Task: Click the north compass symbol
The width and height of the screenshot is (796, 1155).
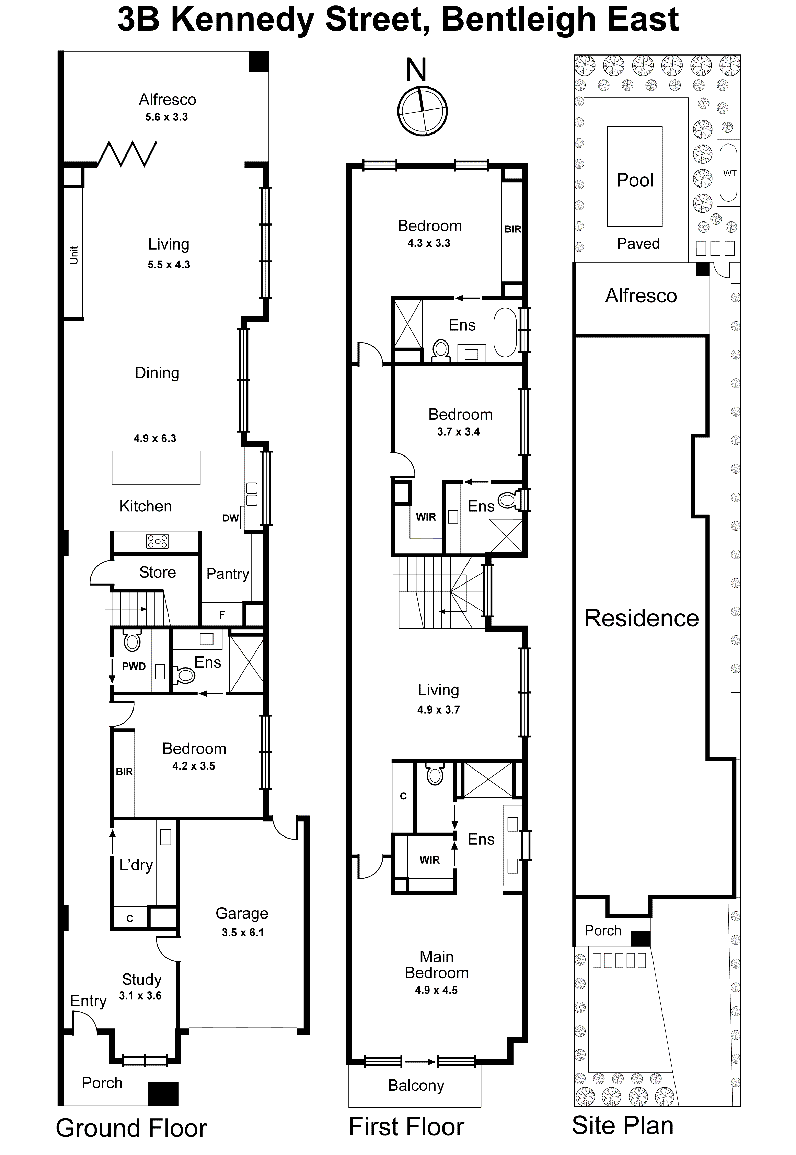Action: click(x=422, y=111)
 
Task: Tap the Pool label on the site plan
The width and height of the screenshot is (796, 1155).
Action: click(x=634, y=180)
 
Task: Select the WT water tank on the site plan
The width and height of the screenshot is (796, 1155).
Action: click(x=729, y=173)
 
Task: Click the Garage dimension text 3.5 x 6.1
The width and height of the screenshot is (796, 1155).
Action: click(x=242, y=932)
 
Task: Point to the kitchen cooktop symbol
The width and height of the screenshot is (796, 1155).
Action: click(x=157, y=541)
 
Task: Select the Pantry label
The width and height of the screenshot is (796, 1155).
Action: click(x=228, y=574)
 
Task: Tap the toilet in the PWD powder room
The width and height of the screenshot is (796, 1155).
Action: click(x=132, y=641)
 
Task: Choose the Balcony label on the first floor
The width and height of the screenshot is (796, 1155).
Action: click(x=416, y=1085)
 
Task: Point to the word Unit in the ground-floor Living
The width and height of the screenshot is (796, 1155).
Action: click(x=74, y=255)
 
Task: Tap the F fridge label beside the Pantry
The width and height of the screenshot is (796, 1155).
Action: click(x=222, y=615)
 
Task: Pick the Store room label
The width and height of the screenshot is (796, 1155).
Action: click(x=157, y=572)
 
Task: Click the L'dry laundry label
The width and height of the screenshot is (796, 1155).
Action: click(x=136, y=864)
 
